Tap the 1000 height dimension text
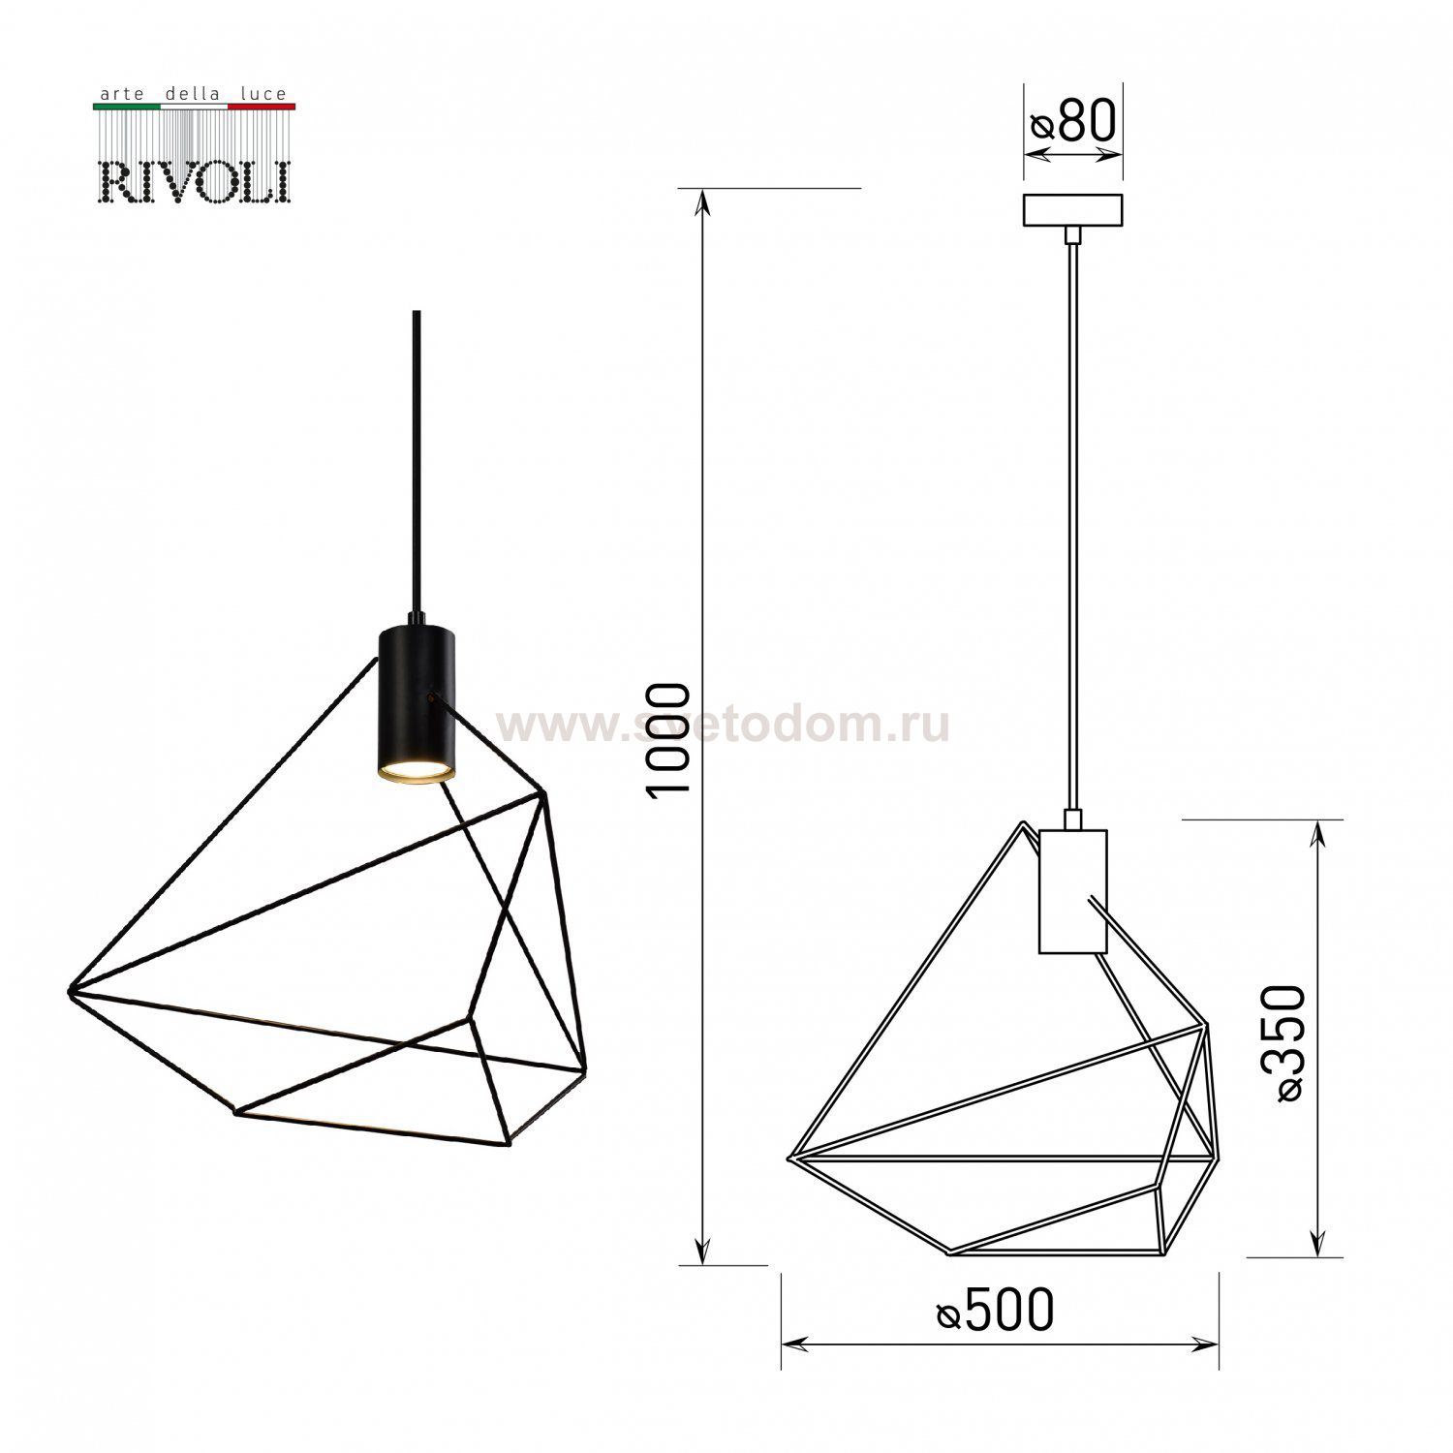click(669, 740)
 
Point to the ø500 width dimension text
click(995, 1312)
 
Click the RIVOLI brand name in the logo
click(194, 181)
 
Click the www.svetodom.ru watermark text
click(723, 726)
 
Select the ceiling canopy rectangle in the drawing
click(1072, 210)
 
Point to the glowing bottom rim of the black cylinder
click(415, 772)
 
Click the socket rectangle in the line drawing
click(1072, 890)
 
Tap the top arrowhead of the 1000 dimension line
click(704, 200)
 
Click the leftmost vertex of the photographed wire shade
click(72, 989)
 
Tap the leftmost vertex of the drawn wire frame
click(791, 1157)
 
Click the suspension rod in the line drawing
click(1071, 523)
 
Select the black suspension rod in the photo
click(417, 465)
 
